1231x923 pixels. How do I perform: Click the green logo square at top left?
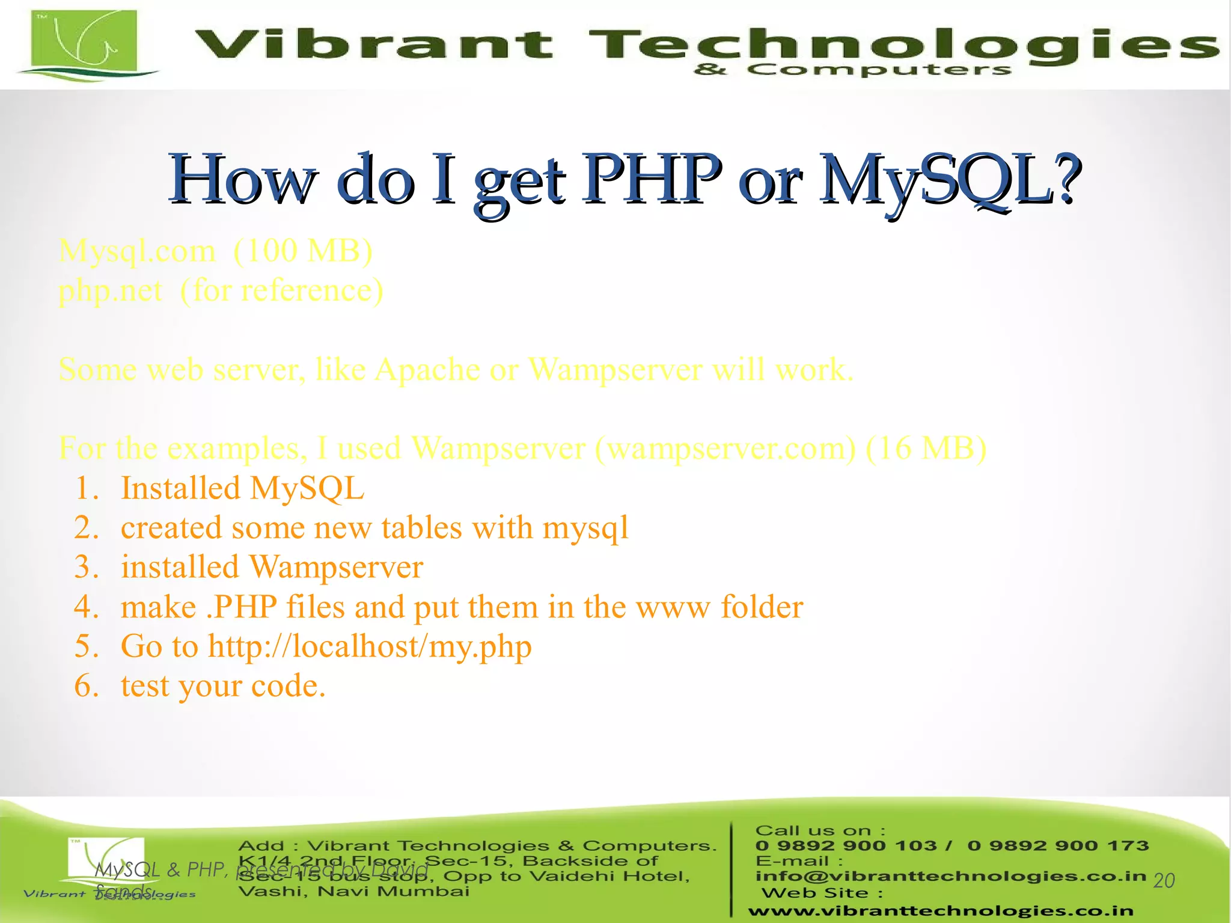[x=84, y=40]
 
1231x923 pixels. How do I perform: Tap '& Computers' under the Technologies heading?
[x=852, y=70]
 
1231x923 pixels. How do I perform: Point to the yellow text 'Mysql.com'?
[x=136, y=251]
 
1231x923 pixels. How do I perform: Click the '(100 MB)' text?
[x=303, y=251]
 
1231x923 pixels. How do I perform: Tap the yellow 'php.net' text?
[x=110, y=291]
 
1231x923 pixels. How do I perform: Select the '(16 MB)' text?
[x=926, y=449]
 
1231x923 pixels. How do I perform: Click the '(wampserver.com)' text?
[x=725, y=449]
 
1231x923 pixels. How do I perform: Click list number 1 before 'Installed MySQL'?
[x=86, y=488]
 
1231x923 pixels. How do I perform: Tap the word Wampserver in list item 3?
[x=336, y=567]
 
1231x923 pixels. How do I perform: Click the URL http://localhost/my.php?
[x=370, y=646]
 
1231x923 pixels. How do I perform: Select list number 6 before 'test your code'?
[x=86, y=685]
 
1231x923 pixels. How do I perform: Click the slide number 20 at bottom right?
[x=1164, y=881]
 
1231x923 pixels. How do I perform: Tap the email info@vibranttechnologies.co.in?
[x=950, y=876]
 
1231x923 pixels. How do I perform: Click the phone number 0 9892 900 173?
[x=1058, y=845]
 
